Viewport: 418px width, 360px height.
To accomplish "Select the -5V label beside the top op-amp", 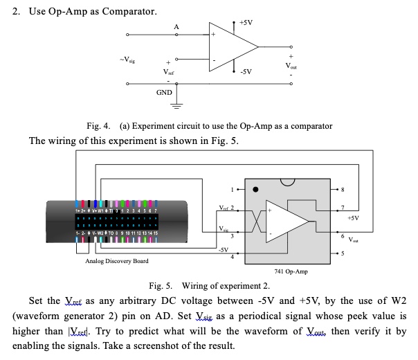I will (247, 71).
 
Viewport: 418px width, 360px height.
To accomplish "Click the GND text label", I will (164, 92).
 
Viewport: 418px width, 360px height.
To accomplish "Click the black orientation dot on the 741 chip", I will (255, 189).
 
